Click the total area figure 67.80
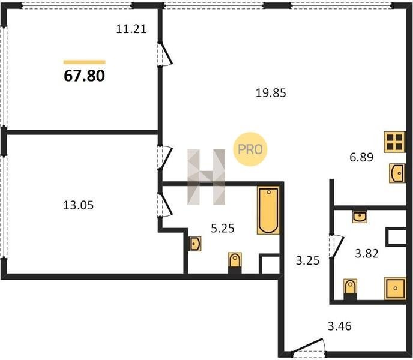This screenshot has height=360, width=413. (84, 76)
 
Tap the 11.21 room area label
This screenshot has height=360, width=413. (131, 29)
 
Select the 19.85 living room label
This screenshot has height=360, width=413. (271, 93)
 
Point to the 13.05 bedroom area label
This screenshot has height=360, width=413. (79, 205)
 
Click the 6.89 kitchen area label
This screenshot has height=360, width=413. (361, 157)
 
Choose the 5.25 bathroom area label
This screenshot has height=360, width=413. (223, 229)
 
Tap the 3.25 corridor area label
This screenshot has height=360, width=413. (307, 261)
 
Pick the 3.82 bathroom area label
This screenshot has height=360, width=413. (367, 254)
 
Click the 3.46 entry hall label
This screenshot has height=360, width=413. (340, 326)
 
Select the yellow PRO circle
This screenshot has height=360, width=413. (250, 149)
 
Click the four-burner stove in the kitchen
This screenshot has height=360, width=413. (394, 142)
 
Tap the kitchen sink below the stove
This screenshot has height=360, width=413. (397, 173)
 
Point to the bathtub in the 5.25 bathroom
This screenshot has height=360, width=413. (268, 211)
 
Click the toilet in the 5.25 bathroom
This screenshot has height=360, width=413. (235, 263)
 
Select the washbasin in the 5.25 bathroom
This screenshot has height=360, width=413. (195, 244)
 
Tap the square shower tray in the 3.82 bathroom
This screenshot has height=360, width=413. (395, 288)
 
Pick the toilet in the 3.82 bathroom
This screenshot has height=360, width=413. (350, 289)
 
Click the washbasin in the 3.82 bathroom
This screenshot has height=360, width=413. (360, 217)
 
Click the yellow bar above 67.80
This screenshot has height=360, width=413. (84, 62)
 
